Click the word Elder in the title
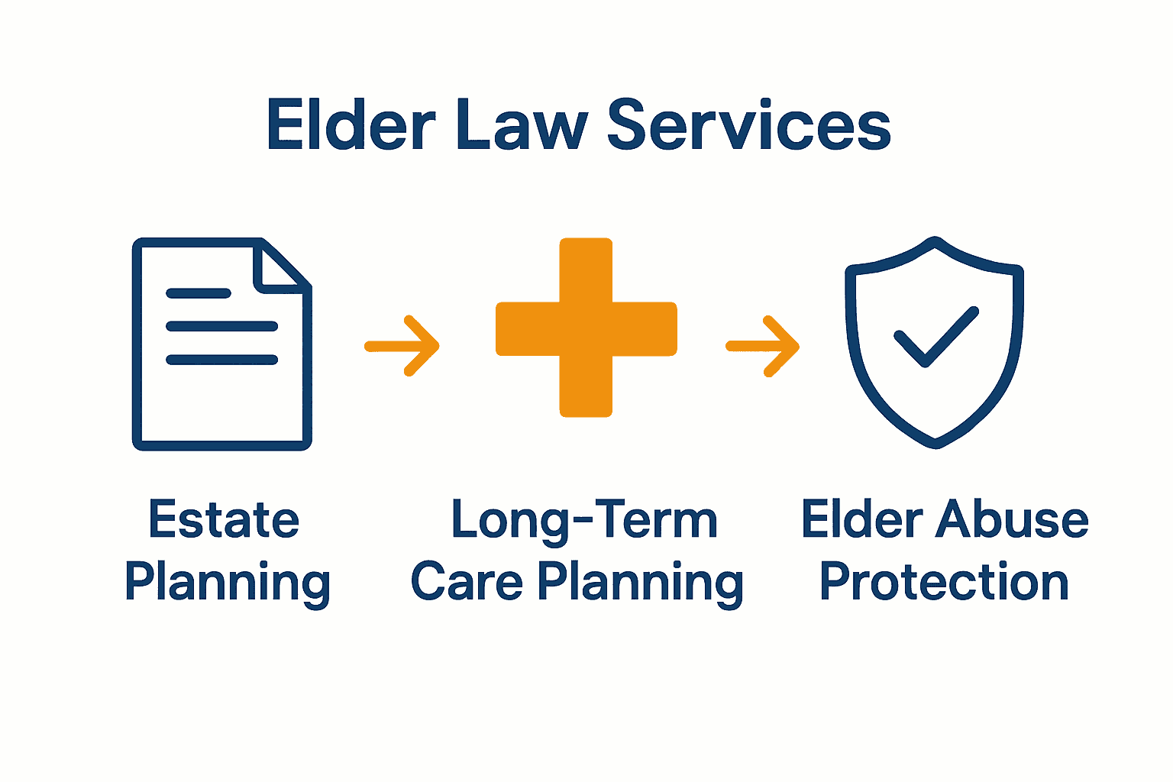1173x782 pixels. click(x=351, y=125)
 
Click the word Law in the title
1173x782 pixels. click(x=522, y=125)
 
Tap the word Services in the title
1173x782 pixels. click(x=749, y=125)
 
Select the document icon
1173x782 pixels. click(x=221, y=344)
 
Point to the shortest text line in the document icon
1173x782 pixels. click(x=199, y=293)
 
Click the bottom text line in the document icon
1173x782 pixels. click(x=221, y=360)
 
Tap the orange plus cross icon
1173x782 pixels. click(x=586, y=328)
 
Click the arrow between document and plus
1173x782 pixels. click(x=402, y=346)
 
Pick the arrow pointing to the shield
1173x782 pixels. click(x=763, y=346)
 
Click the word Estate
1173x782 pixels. click(x=224, y=520)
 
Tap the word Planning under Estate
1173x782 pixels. click(x=227, y=583)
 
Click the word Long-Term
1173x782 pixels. click(x=584, y=520)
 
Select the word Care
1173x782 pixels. click(x=467, y=583)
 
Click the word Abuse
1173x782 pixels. click(x=1012, y=520)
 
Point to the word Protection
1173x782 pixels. click(x=944, y=583)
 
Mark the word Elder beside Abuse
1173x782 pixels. click(x=862, y=520)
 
